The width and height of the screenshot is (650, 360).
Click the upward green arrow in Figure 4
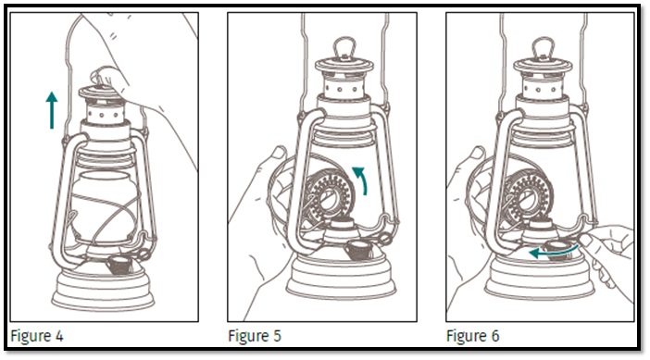tap(52, 111)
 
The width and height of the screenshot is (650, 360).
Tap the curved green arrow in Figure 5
tap(362, 178)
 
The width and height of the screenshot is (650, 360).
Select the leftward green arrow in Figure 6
tap(554, 251)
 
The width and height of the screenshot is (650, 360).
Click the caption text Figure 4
tap(37, 336)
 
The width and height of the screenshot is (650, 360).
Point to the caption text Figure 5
tap(255, 336)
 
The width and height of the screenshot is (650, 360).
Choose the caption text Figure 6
tap(472, 336)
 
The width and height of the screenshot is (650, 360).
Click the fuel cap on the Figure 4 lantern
tap(119, 265)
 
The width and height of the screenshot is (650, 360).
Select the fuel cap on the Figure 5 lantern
tap(359, 250)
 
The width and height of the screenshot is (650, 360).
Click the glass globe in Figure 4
tap(104, 206)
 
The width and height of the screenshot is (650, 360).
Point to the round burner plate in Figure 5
tap(330, 195)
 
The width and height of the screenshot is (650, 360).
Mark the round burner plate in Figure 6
tap(528, 195)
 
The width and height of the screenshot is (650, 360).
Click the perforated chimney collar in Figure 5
tap(344, 87)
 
